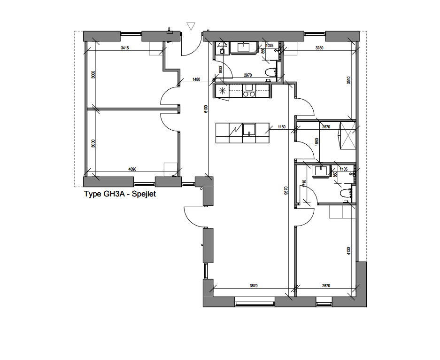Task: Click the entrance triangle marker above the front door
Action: click(191, 26)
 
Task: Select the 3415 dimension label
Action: click(125, 48)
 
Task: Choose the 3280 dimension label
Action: click(319, 48)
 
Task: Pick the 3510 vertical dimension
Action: click(348, 80)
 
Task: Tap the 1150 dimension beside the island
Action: click(282, 127)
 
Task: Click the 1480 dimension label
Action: click(196, 80)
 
